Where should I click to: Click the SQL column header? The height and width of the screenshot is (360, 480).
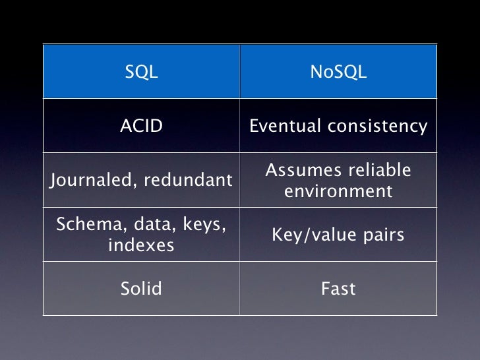[141, 73]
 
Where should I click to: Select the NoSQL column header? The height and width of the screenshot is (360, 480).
[338, 73]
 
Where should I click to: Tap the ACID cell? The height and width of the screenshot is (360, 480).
[141, 126]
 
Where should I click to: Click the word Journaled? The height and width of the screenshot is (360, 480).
[90, 180]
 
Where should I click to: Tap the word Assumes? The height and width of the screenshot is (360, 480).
[298, 171]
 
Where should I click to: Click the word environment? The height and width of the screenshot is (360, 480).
[338, 192]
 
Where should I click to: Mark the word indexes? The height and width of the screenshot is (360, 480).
[141, 246]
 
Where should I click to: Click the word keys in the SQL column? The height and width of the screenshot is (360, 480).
[202, 225]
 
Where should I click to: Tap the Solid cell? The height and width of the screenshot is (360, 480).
[141, 288]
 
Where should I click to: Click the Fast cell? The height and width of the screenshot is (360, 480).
[338, 288]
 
